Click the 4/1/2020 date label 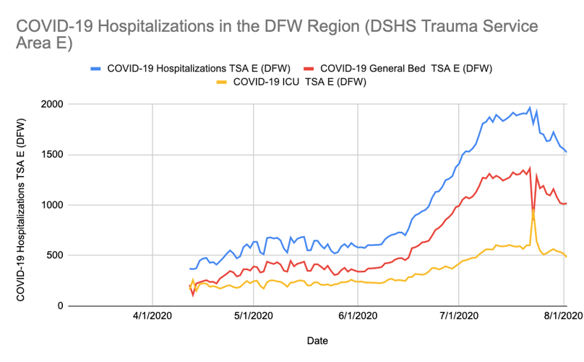coord(153,317)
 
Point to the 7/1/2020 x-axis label coord(458,317)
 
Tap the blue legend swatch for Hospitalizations coord(95,69)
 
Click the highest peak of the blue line coord(530,108)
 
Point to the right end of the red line coord(566,203)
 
